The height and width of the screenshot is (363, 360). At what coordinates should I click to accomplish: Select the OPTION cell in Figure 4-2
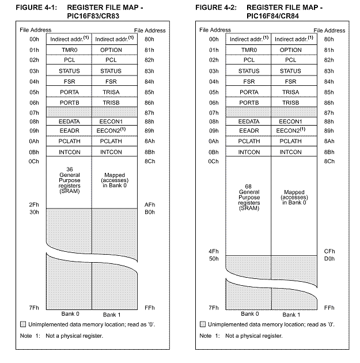tap(291, 50)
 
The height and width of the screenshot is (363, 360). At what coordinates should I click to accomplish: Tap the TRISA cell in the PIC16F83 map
tap(111, 92)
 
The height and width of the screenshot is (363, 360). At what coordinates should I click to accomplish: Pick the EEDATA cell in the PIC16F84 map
tap(249, 122)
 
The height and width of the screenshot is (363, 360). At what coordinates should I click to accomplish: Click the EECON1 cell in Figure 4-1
tap(111, 122)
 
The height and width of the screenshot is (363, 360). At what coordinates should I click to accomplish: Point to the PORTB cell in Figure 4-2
tap(249, 102)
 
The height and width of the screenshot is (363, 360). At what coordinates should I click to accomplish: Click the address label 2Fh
tap(34, 205)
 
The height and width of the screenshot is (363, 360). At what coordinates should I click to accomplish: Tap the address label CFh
tap(329, 251)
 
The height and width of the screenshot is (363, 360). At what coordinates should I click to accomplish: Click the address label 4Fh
tap(214, 251)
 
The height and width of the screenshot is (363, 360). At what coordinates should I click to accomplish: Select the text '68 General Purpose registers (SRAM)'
tap(249, 198)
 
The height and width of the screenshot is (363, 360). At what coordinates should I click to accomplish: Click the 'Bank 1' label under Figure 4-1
tap(111, 315)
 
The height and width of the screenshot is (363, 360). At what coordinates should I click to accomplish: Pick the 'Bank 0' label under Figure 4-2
tap(249, 314)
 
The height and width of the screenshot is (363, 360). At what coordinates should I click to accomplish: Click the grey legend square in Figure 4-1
tap(23, 324)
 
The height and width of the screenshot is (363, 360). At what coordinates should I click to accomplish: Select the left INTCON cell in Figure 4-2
tap(249, 152)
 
